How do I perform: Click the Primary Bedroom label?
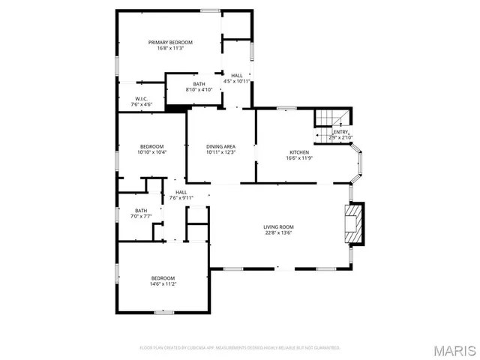tap(170, 43)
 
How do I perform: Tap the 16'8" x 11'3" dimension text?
tap(170, 49)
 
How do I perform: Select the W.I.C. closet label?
tap(142, 99)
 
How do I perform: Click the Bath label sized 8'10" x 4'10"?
tap(199, 84)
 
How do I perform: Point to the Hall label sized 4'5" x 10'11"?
tap(237, 76)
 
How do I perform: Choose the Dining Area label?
tap(221, 146)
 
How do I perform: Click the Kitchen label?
tap(299, 152)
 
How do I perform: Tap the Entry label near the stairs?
tap(340, 132)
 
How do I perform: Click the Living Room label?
tap(277, 227)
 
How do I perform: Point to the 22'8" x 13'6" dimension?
tap(277, 233)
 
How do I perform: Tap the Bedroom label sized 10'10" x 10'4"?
tap(151, 146)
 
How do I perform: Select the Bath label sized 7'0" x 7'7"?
tap(142, 211)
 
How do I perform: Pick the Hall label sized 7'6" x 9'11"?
tap(181, 192)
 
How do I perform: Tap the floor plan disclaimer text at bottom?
tap(240, 348)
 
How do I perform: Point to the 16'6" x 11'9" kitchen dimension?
tap(299, 158)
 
